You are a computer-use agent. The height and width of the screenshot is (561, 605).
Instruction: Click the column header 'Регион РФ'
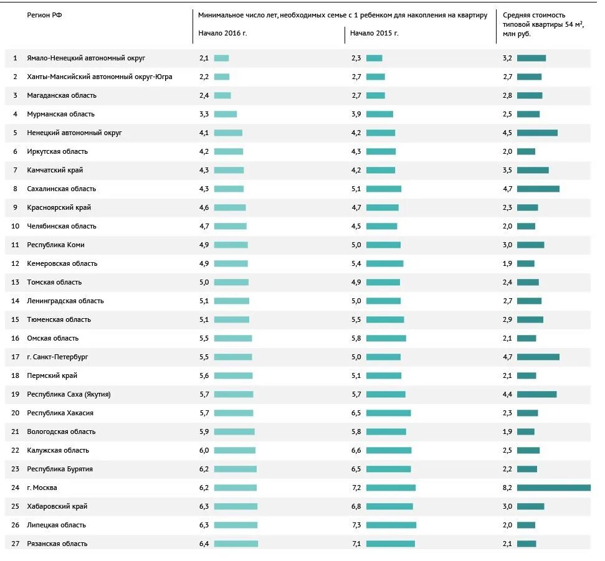(x=44, y=15)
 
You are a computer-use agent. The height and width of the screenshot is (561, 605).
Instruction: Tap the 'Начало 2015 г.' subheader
(x=374, y=33)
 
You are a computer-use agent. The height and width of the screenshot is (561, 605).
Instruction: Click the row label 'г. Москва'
(x=42, y=488)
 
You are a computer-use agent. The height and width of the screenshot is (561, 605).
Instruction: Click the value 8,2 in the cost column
(x=507, y=488)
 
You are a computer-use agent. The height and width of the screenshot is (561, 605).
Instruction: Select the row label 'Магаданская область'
(x=62, y=95)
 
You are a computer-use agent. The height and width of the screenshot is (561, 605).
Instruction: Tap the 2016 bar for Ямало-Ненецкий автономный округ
(x=221, y=58)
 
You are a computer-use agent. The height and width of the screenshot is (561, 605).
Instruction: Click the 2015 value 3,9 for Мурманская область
(x=356, y=114)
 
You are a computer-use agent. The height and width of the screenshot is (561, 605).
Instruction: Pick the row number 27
(x=16, y=544)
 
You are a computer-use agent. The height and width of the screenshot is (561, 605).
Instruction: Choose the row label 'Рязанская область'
(x=57, y=544)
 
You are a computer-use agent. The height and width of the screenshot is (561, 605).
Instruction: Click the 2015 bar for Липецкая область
(x=391, y=525)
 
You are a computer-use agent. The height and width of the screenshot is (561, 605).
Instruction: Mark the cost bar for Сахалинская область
(x=538, y=189)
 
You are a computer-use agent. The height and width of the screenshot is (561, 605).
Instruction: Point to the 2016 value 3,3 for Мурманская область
(x=204, y=114)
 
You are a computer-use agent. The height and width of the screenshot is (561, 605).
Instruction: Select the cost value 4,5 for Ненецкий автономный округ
(x=507, y=133)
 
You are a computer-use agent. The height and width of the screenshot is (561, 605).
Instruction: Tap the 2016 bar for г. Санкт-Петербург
(x=233, y=357)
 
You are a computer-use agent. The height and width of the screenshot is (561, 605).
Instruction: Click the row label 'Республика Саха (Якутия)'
(x=69, y=394)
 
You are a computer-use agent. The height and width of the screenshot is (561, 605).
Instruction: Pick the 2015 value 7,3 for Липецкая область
(x=356, y=525)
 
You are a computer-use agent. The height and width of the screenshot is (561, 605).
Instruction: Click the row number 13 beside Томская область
(x=16, y=282)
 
